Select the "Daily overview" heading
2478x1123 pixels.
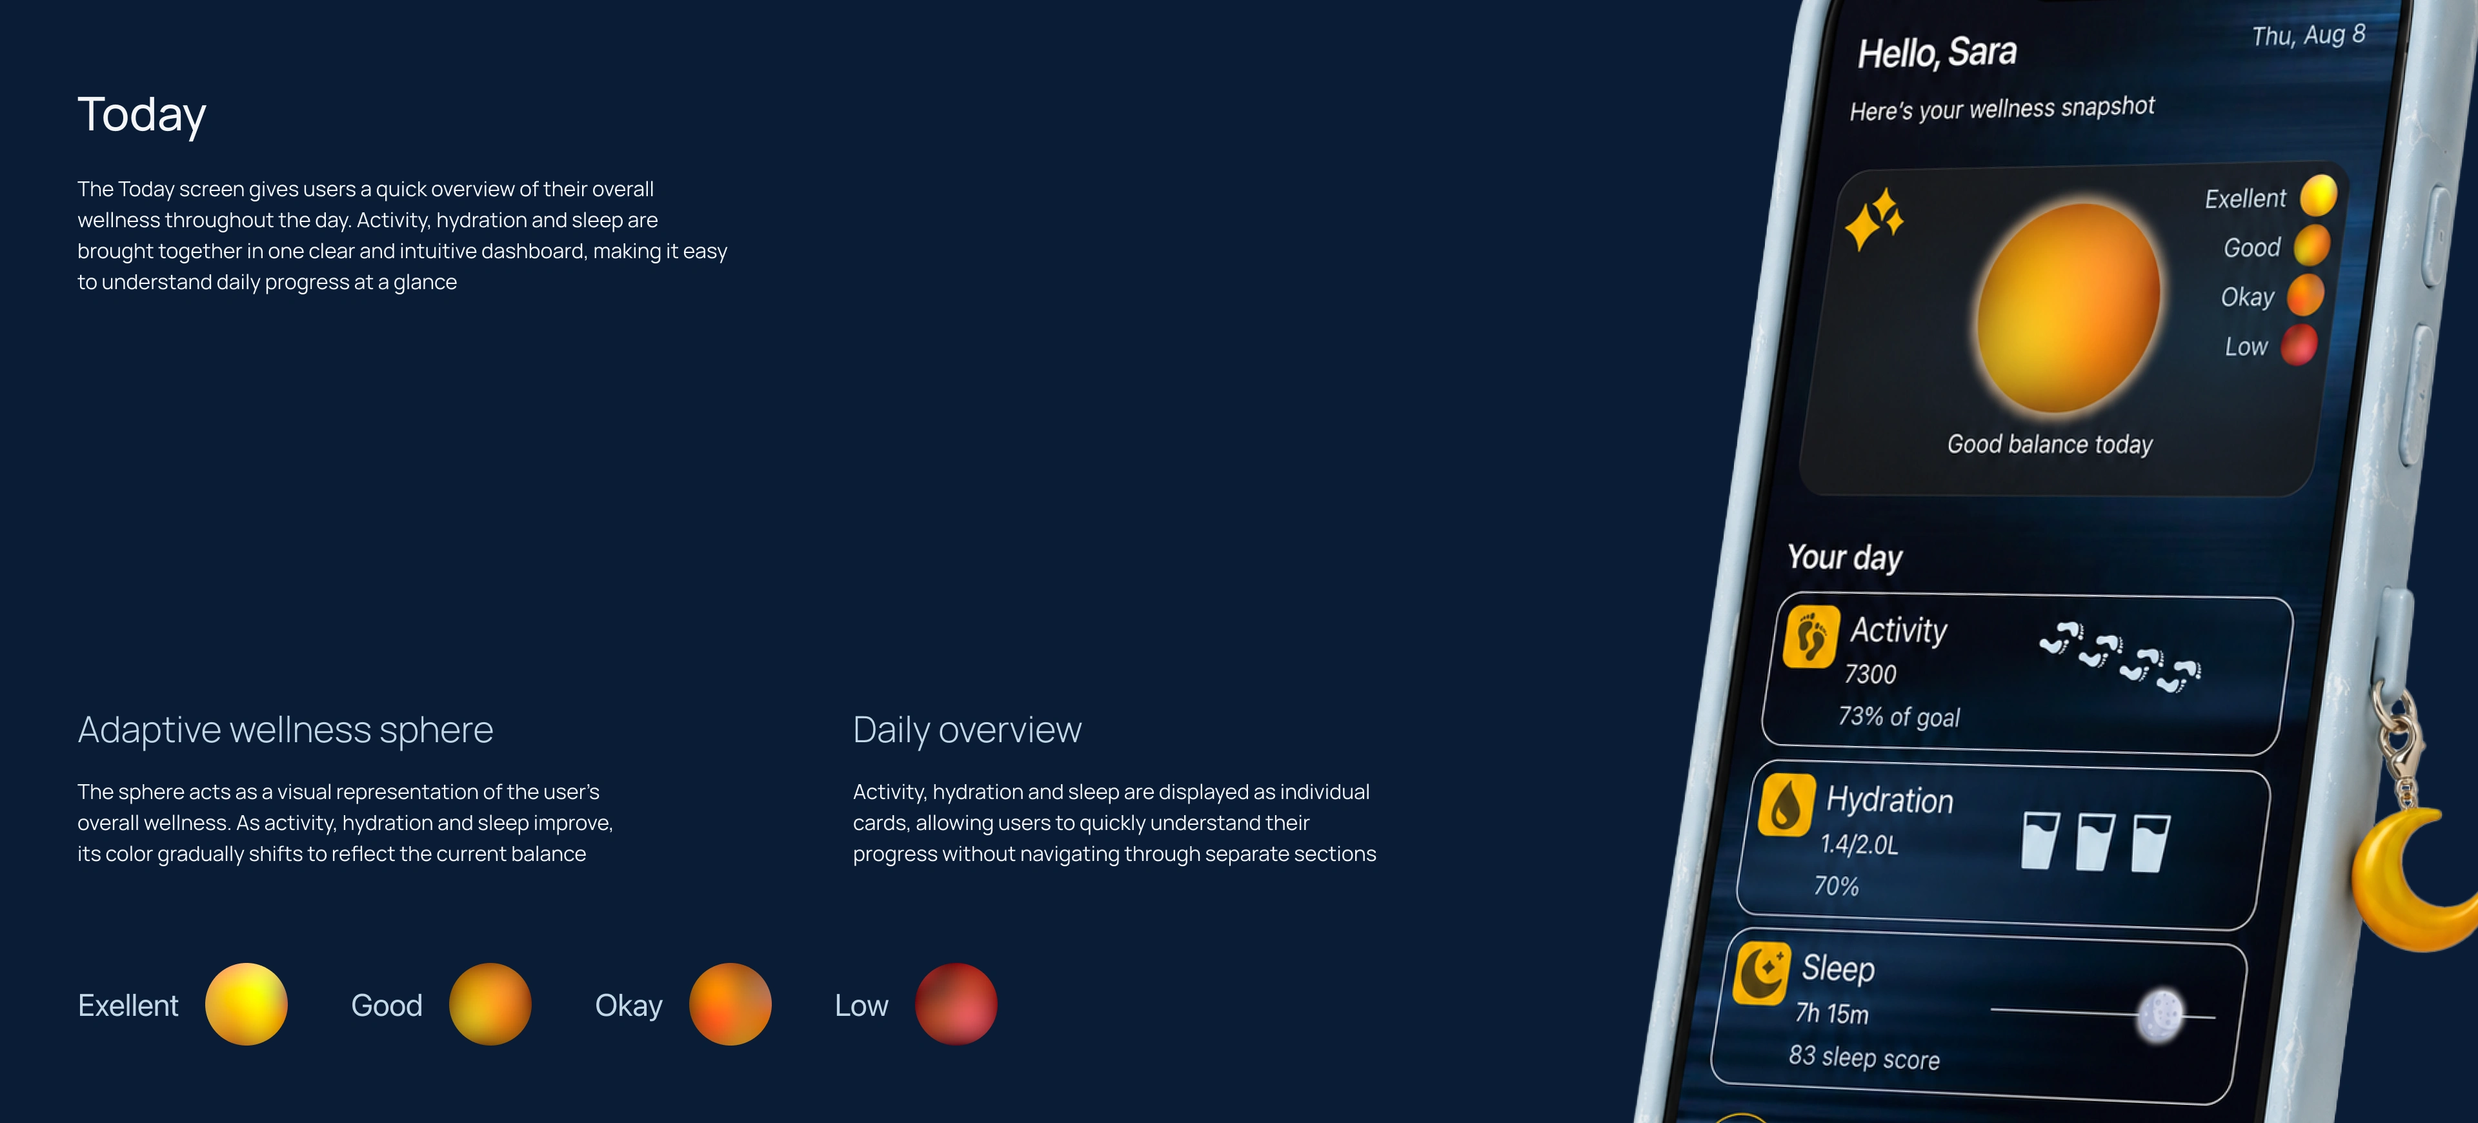tap(967, 729)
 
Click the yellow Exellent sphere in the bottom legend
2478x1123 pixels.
tap(247, 1004)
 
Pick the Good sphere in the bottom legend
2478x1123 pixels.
tap(490, 1004)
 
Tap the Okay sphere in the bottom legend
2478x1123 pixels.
tap(730, 1004)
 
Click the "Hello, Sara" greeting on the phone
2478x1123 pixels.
tap(1937, 53)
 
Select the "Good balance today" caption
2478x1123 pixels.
tap(2050, 443)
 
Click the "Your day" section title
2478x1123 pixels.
tap(1844, 557)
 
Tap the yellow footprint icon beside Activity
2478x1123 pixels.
tap(1810, 636)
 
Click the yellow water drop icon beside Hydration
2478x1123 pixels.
tap(1786, 804)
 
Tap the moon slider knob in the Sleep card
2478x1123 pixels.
tap(2161, 1015)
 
